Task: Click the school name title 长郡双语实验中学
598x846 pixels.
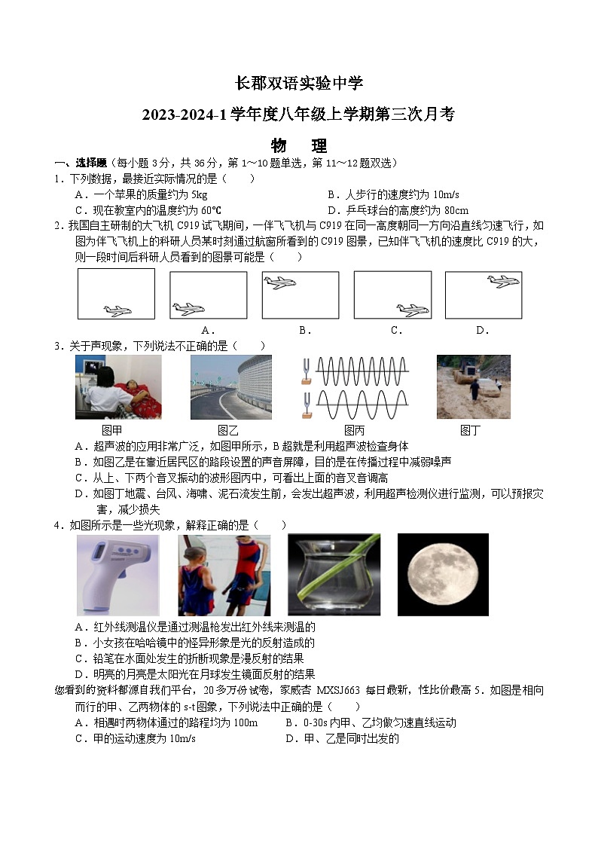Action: [299, 84]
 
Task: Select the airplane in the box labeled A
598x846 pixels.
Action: [187, 308]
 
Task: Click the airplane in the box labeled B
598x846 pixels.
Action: [279, 283]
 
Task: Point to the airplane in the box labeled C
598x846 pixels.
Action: [412, 309]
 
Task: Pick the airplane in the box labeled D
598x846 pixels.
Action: [503, 282]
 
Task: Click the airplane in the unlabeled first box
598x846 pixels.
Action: [117, 310]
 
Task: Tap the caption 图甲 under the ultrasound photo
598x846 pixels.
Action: [112, 430]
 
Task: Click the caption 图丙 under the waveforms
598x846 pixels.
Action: [354, 430]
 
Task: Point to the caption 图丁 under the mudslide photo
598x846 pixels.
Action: [470, 430]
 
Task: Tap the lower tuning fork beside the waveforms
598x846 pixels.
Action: [307, 399]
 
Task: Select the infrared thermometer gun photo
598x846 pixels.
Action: [117, 574]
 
